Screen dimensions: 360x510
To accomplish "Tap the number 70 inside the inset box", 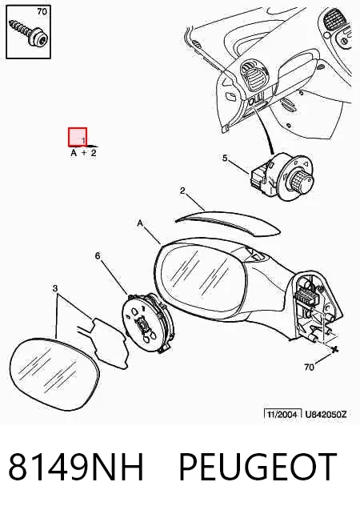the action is coord(42,12).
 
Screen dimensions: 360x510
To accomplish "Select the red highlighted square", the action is coord(78,137).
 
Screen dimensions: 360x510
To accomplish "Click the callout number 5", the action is coord(225,159).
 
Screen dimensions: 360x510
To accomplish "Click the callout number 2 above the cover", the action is coord(182,191).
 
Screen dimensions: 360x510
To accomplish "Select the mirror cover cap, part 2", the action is coord(228,223).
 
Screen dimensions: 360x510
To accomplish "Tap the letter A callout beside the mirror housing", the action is coord(140,223).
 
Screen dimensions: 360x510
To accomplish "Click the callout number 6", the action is coord(98,256).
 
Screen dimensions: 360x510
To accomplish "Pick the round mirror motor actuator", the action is coord(148,323).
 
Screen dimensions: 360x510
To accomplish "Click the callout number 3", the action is coord(55,288).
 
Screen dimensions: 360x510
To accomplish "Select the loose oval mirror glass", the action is coord(54,374).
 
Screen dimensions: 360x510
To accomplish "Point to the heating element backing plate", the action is coord(107,343).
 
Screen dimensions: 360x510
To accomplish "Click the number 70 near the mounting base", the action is coord(309,367).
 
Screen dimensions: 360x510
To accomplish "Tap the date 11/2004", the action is coord(282,415).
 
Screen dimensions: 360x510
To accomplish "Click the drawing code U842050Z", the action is coord(326,415).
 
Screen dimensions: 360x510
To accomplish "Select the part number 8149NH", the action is coord(76,467).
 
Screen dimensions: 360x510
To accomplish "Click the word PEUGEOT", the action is coord(258,467).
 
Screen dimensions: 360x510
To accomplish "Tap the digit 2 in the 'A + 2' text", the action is coord(94,153).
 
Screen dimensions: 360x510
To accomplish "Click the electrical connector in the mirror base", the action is coord(305,296).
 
